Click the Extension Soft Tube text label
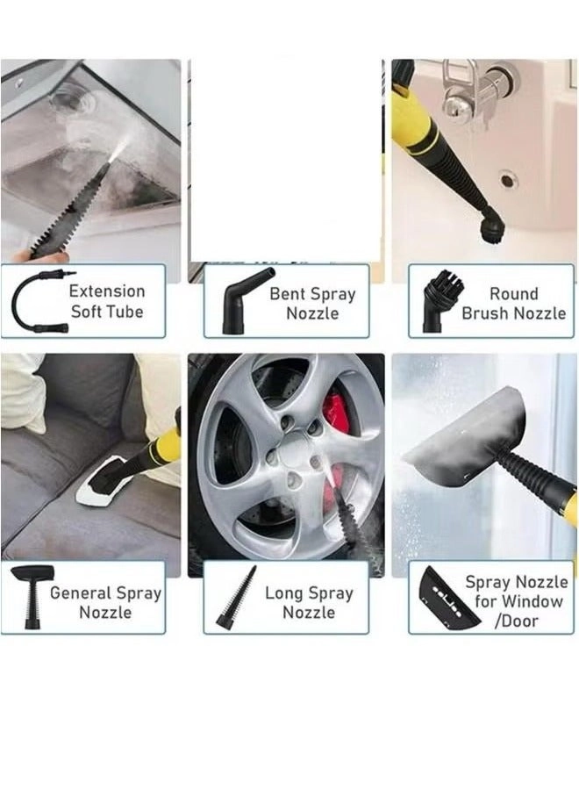tap(106, 301)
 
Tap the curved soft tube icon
tap(37, 301)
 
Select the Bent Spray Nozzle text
tap(311, 303)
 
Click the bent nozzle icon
tap(239, 301)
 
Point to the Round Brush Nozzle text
tap(513, 303)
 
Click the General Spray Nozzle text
tap(105, 602)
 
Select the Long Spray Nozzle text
tap(308, 602)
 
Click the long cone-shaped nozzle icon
tap(238, 597)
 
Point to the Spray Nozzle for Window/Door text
tap(516, 601)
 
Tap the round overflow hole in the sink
tap(508, 179)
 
